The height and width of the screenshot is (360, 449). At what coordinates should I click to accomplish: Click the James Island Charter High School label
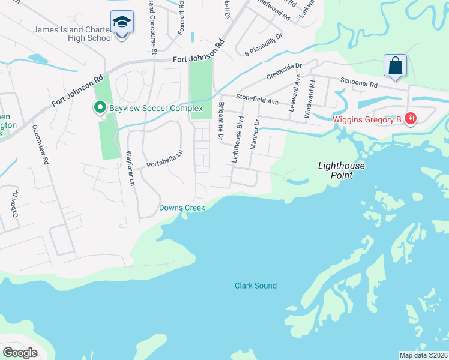tap(73, 34)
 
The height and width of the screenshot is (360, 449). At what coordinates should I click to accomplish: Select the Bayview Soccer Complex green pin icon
tap(99, 108)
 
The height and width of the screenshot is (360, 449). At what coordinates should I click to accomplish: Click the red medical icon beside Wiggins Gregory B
tap(411, 119)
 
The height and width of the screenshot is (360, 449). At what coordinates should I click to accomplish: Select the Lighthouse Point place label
tap(342, 170)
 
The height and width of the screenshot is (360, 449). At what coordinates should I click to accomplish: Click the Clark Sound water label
tap(256, 286)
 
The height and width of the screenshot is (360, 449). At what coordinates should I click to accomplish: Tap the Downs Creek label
tap(182, 208)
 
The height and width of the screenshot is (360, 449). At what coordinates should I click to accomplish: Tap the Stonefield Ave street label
tap(257, 98)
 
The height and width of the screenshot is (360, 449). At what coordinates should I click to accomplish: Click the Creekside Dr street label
tap(283, 71)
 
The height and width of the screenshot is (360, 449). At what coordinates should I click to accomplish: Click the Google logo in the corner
tap(20, 352)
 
